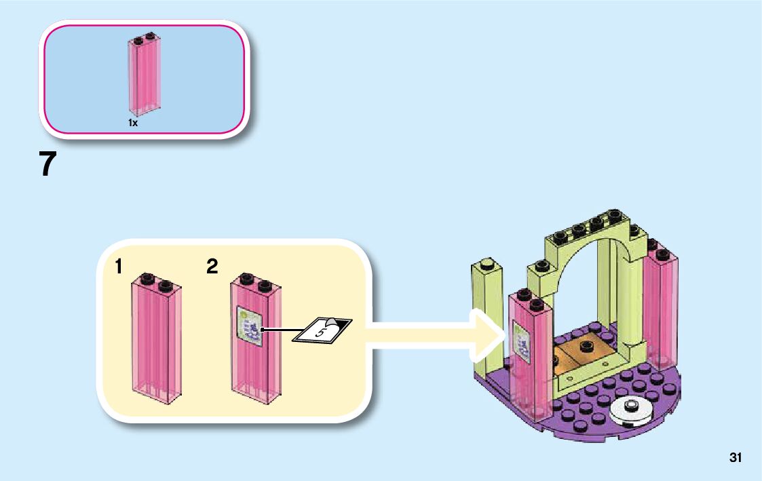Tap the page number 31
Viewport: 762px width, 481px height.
pos(735,458)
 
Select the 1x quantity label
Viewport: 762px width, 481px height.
pos(133,123)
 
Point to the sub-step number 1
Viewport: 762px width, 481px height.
pos(119,267)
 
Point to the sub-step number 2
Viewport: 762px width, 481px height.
pos(212,267)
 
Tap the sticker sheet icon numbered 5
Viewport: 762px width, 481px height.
pos(322,330)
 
